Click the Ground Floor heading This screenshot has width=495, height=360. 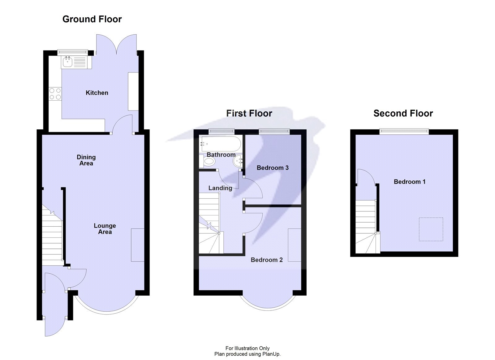click(x=92, y=19)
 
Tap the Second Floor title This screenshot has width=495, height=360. click(x=403, y=114)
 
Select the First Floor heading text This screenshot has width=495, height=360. click(x=249, y=114)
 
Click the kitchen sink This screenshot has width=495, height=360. click(x=67, y=62)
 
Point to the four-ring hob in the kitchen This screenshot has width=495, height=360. click(x=55, y=94)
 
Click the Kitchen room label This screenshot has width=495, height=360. click(x=97, y=93)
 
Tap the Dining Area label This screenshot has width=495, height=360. click(x=86, y=160)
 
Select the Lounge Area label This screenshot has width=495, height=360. click(x=105, y=229)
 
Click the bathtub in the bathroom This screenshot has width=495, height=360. click(x=220, y=144)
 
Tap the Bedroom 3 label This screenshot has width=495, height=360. click(x=273, y=168)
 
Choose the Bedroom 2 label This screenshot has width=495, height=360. click(x=266, y=260)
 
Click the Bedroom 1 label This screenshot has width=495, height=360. click(x=409, y=182)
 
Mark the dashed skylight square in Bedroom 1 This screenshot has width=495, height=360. click(x=431, y=229)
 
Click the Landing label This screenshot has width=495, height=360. click(x=220, y=188)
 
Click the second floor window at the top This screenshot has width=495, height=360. click(x=404, y=132)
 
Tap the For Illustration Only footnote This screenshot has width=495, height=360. click(x=247, y=348)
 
